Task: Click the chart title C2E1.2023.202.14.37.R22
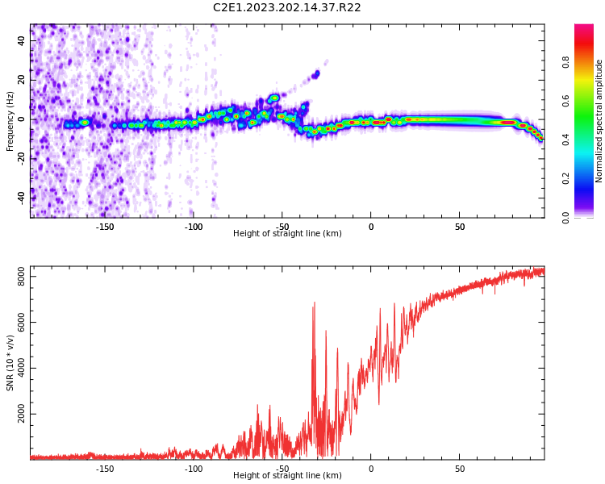(x=286, y=8)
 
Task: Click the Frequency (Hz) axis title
(x=10, y=121)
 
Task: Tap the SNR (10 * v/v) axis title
(x=10, y=363)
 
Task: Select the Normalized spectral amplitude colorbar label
(x=599, y=121)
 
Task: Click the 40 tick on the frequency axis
(x=22, y=42)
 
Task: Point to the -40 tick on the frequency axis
(x=20, y=197)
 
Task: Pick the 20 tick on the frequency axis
(x=22, y=81)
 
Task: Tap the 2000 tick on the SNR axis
(x=17, y=415)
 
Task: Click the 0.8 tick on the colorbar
(x=566, y=61)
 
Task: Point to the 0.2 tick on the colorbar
(x=566, y=178)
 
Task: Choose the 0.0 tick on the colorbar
(x=566, y=217)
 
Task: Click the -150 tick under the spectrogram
(x=105, y=227)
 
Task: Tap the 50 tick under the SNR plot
(x=459, y=469)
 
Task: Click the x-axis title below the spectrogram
(x=287, y=234)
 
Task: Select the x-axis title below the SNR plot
(x=287, y=476)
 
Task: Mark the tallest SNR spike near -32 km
(x=314, y=303)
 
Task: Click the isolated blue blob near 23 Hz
(x=316, y=74)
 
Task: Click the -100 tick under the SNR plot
(x=194, y=469)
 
